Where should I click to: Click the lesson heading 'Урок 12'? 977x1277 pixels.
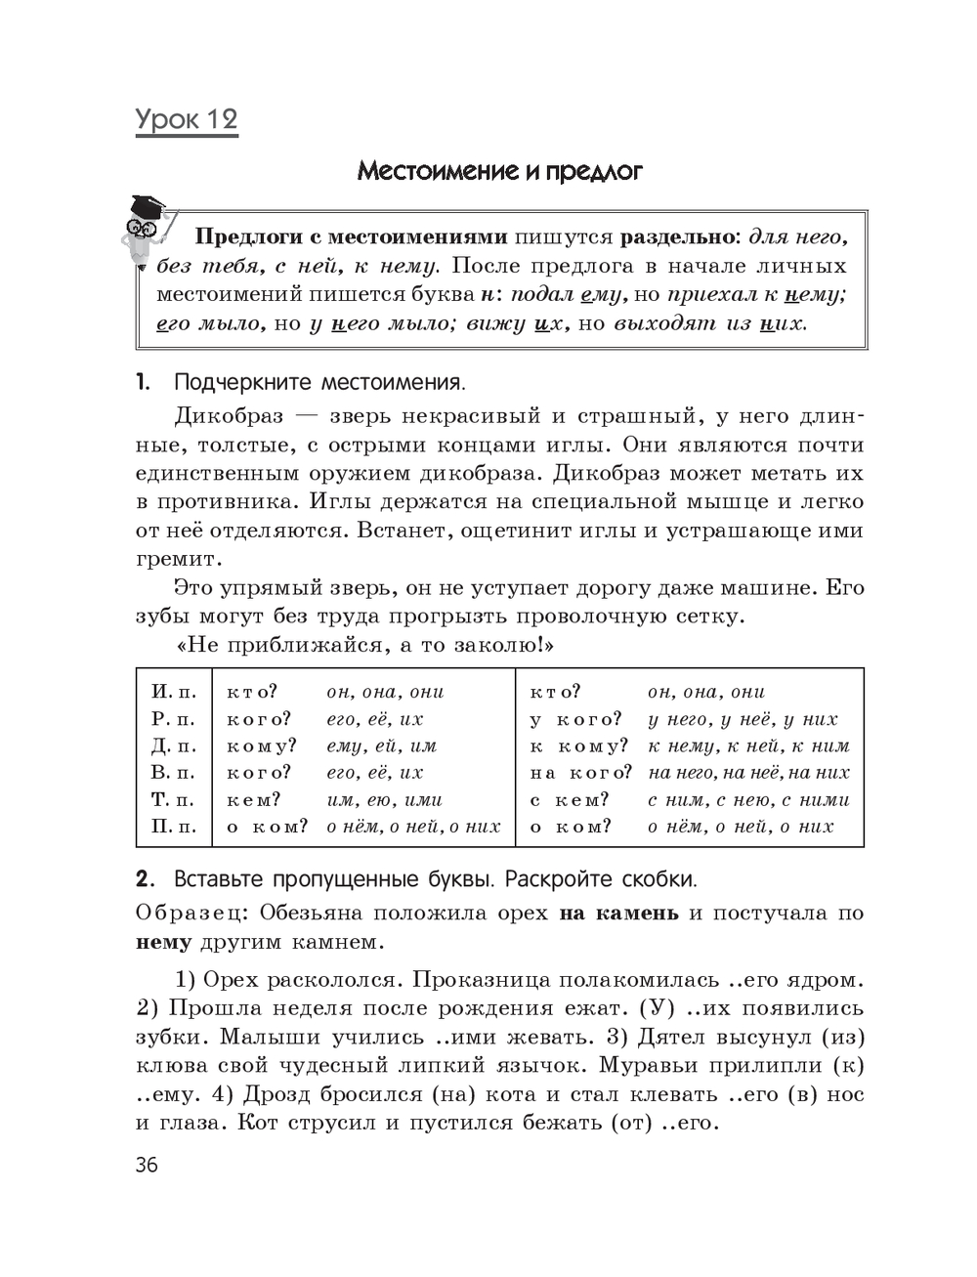(187, 120)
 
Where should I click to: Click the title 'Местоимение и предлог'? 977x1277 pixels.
(499, 172)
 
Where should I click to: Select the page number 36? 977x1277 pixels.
(147, 1165)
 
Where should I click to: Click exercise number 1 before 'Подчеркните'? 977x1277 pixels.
(143, 381)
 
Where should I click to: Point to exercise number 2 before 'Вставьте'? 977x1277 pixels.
(143, 878)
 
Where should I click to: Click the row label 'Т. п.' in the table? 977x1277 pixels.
(173, 799)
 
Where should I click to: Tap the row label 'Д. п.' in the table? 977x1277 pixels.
(173, 745)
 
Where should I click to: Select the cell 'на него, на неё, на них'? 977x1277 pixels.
(749, 773)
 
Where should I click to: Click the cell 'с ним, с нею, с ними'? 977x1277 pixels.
(749, 799)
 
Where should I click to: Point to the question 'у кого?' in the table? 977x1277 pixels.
(575, 719)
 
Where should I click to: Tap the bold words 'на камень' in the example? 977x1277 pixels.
(618, 914)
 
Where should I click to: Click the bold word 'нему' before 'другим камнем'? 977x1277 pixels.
(163, 943)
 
